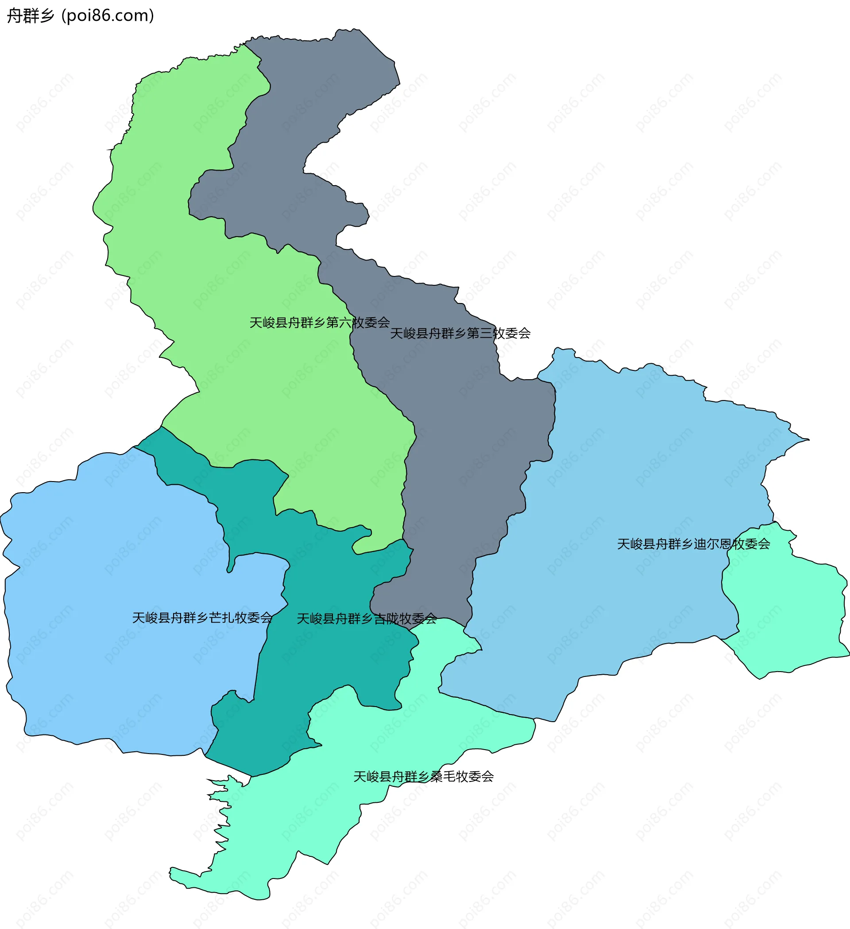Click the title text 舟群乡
31,16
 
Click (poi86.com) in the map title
108,16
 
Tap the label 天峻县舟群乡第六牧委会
320,323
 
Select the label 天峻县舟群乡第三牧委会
460,333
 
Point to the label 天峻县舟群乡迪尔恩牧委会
693,544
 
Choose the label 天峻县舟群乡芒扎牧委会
202,618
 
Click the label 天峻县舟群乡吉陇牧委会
367,619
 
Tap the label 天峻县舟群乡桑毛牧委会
423,777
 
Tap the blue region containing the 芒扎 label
115,576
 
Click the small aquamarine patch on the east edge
792,613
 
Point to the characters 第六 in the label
338,323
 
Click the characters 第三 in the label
479,333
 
